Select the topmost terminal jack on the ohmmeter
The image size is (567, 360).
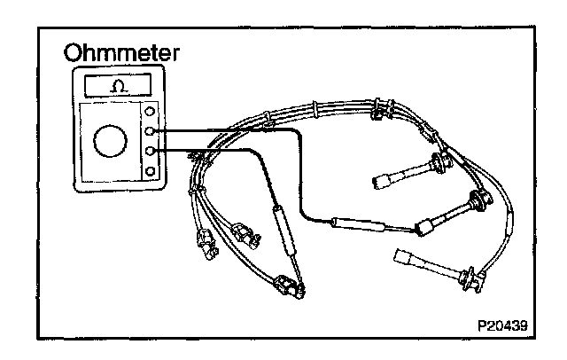tap(151, 113)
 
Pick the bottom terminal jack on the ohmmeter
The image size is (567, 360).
tap(151, 171)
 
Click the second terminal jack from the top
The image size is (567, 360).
tap(151, 132)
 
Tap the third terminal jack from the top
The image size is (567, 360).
tap(151, 152)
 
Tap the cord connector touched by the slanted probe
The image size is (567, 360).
tap(288, 285)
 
